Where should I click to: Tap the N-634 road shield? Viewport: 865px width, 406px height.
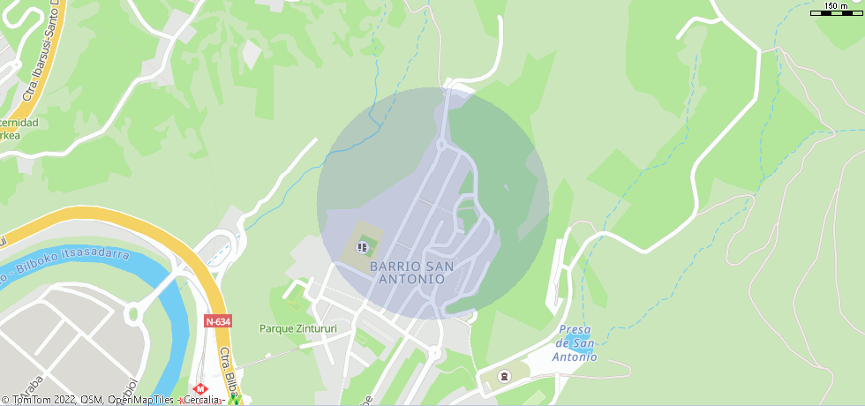(217, 321)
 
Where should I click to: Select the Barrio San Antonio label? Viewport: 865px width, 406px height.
(411, 272)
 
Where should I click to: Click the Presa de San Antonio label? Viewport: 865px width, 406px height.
(575, 343)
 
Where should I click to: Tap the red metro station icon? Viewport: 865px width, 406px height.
(199, 388)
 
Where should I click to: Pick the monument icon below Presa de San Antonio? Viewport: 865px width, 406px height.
(504, 377)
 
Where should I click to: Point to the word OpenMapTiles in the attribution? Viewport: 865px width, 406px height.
(139, 400)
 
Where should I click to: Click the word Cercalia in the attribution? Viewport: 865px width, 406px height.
(202, 400)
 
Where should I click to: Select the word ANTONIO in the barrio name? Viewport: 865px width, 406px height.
(411, 279)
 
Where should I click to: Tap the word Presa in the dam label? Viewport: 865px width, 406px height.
(575, 330)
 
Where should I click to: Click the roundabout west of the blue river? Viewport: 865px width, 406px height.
(134, 312)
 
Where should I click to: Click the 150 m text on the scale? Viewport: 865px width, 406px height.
(836, 6)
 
